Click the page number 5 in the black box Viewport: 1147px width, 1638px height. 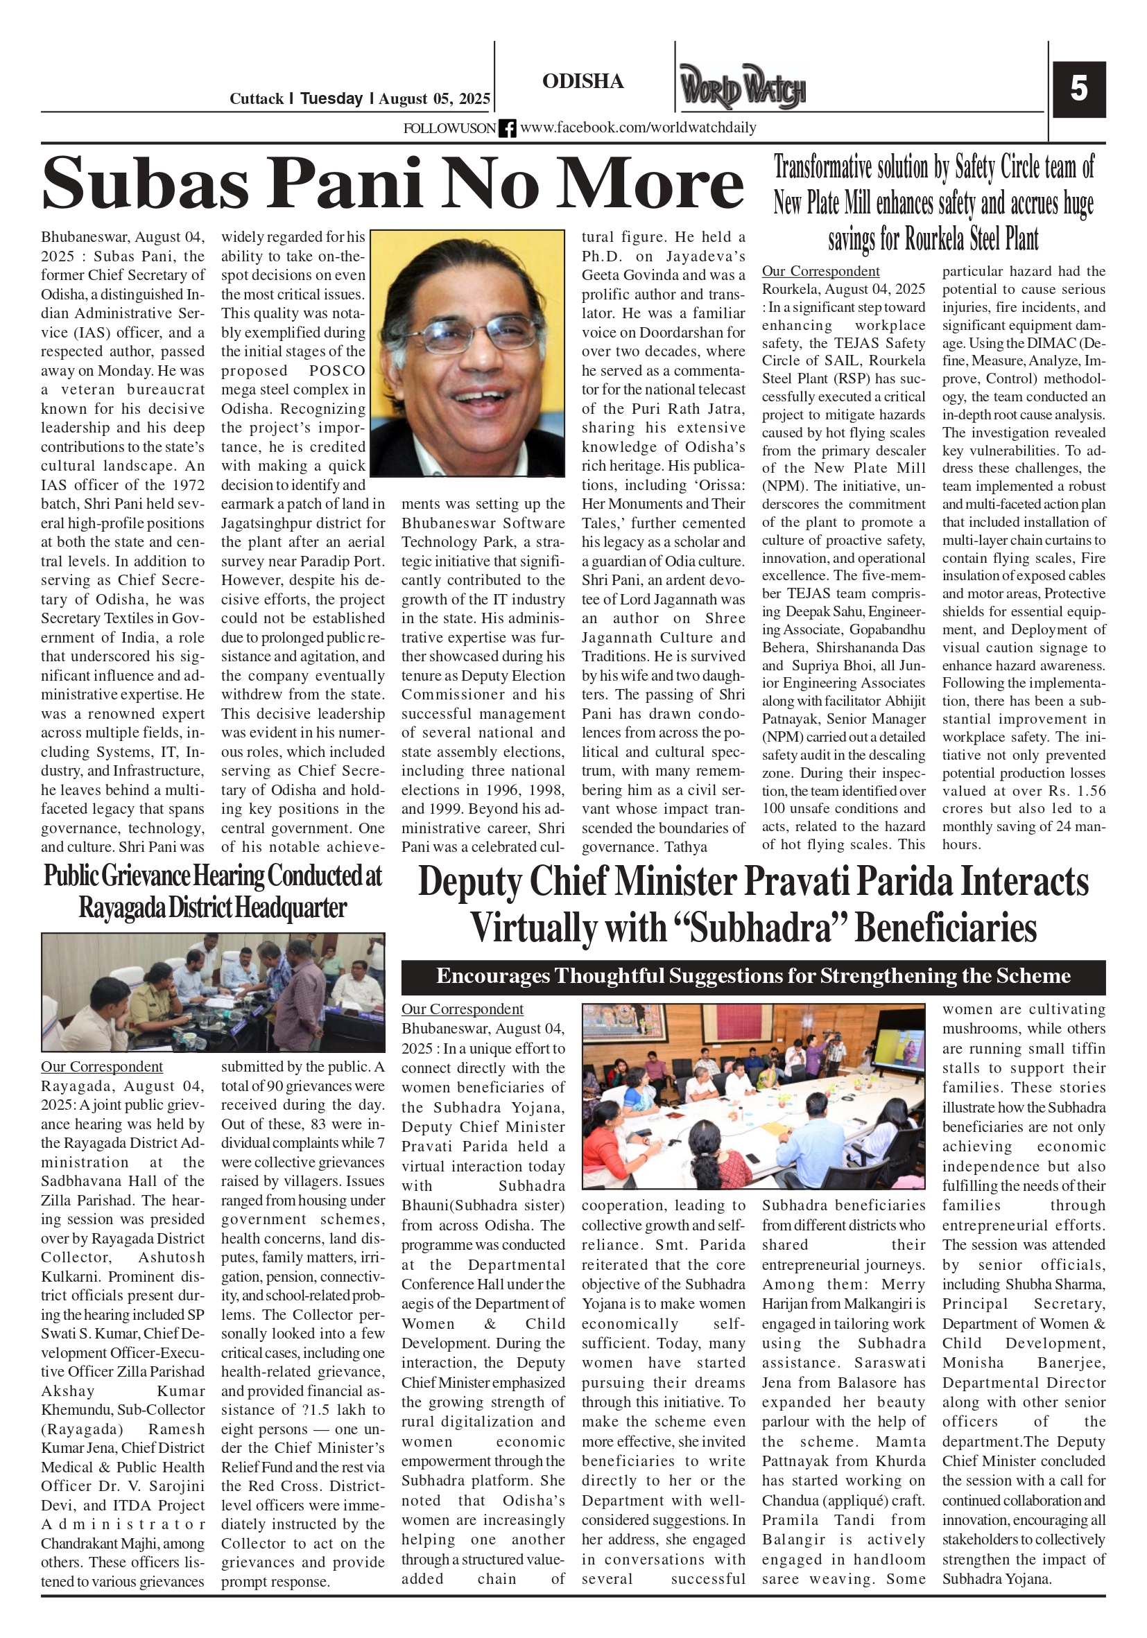click(1078, 89)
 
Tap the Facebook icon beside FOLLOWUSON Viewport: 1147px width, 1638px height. click(507, 128)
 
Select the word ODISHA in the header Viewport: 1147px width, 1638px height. click(583, 81)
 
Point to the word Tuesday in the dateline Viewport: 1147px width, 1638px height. click(331, 98)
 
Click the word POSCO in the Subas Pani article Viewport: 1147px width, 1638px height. click(337, 371)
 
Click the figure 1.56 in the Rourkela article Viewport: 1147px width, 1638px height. click(1089, 790)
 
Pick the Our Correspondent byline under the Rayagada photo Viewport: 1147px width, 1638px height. click(101, 1067)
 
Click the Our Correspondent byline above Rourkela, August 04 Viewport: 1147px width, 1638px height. click(820, 271)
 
